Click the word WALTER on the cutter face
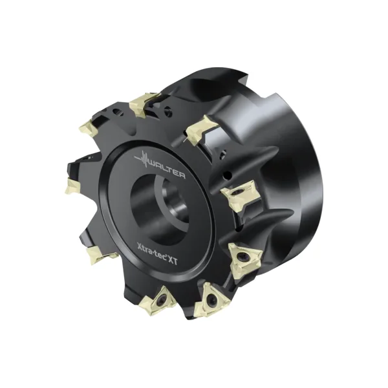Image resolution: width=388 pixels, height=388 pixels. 167,169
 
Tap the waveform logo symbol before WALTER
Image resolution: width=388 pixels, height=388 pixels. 142,158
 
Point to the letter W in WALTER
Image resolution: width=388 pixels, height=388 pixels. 153,163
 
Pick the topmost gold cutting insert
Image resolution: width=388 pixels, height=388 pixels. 144,105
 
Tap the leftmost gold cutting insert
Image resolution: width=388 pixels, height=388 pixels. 72,186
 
